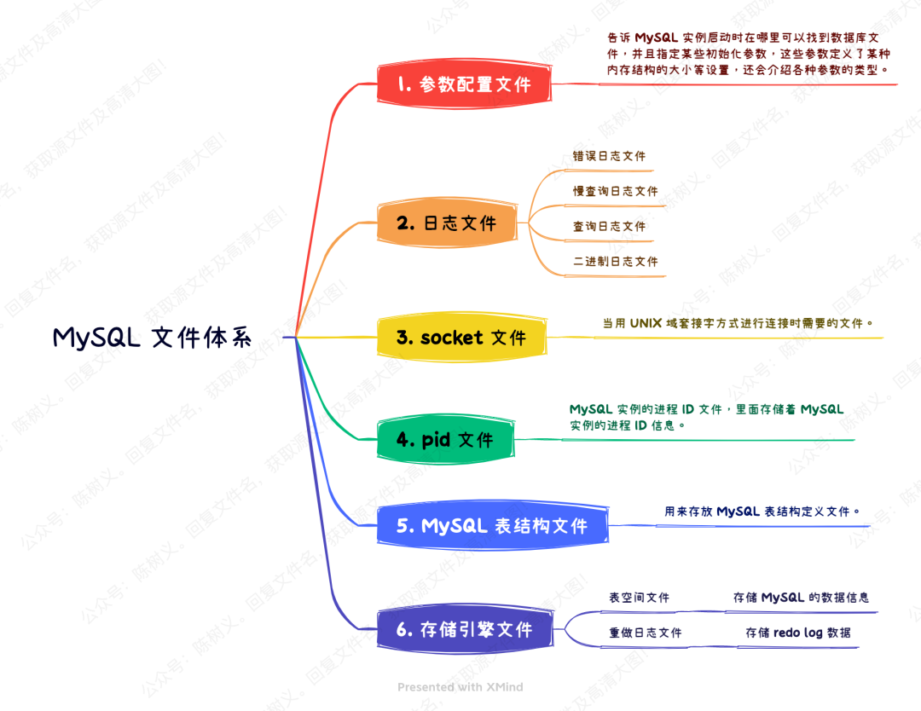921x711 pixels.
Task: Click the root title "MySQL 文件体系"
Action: click(x=153, y=338)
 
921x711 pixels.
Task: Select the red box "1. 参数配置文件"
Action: click(x=464, y=84)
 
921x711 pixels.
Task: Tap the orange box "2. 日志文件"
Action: click(x=447, y=224)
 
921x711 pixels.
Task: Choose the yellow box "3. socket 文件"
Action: click(x=461, y=338)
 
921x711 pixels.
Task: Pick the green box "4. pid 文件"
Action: click(x=445, y=440)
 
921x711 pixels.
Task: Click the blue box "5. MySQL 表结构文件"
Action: click(x=492, y=526)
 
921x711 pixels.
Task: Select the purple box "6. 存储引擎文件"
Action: click(x=465, y=630)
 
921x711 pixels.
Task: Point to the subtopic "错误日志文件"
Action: click(x=609, y=157)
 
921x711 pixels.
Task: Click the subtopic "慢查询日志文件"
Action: click(x=615, y=192)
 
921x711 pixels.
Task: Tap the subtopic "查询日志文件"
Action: click(x=609, y=227)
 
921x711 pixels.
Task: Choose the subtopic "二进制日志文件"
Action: click(x=615, y=262)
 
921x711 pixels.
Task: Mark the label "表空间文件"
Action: click(x=639, y=598)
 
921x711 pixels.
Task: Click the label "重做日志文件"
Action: click(x=645, y=633)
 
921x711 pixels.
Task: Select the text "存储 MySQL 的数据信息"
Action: click(x=801, y=598)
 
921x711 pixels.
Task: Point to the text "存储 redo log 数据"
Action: click(x=797, y=633)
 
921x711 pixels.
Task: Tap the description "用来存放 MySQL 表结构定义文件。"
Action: click(x=762, y=512)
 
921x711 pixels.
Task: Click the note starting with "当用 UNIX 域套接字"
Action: click(x=739, y=323)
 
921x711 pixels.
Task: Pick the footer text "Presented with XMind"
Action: click(x=460, y=686)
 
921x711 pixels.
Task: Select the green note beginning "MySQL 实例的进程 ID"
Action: click(x=706, y=417)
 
